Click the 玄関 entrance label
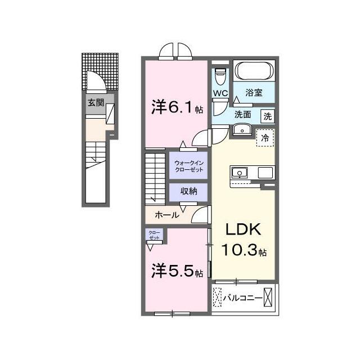(96, 102)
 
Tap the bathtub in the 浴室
(254, 71)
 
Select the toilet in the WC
(220, 76)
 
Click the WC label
(220, 93)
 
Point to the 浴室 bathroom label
(254, 92)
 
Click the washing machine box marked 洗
(268, 116)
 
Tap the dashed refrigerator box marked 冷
(265, 138)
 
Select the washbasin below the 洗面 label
(242, 130)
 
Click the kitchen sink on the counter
(240, 173)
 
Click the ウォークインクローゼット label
(189, 166)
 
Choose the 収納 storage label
(188, 191)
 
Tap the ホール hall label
(167, 215)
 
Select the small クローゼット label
(154, 235)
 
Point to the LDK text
(244, 229)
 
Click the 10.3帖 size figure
(244, 250)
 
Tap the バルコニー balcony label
(242, 298)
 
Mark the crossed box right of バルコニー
(268, 298)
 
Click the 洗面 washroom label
(242, 114)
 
